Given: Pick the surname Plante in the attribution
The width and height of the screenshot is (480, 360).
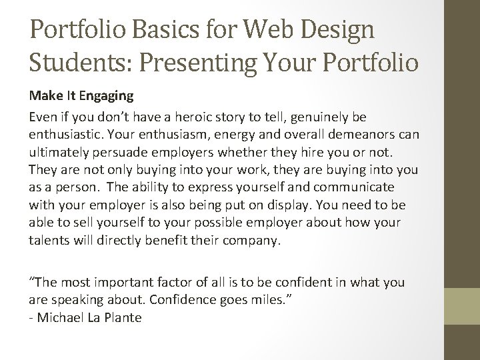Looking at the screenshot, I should pyautogui.click(x=123, y=317).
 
